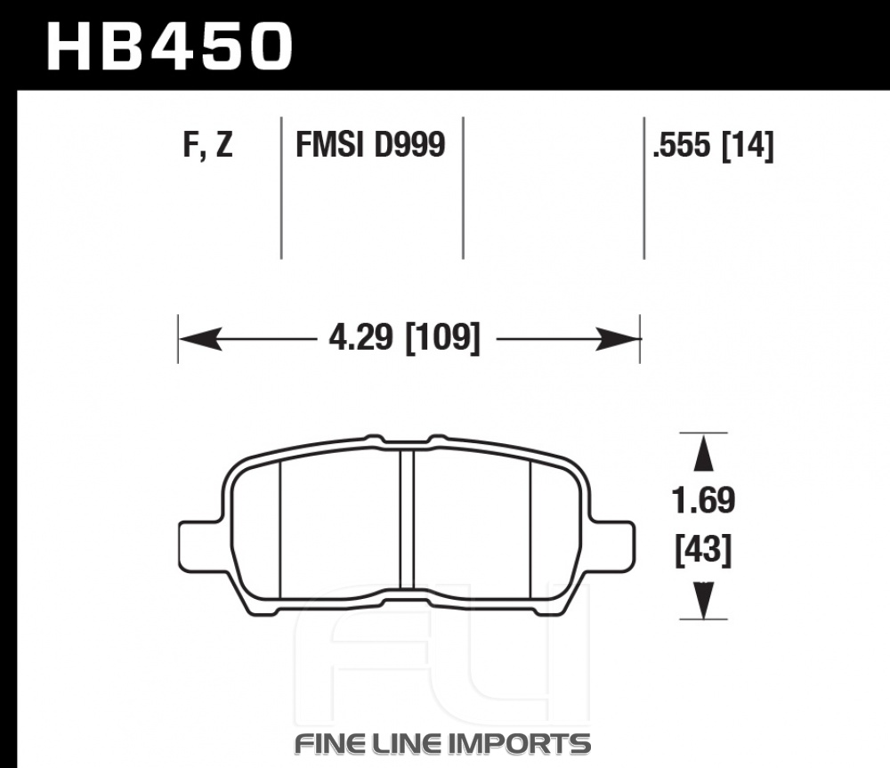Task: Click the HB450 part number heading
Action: click(169, 47)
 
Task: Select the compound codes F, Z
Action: click(207, 145)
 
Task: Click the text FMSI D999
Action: click(370, 144)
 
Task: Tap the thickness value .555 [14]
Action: click(713, 145)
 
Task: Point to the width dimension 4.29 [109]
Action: click(404, 338)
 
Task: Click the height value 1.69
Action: click(703, 501)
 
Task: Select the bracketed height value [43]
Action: click(703, 549)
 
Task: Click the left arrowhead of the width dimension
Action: click(200, 339)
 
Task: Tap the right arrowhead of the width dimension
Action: click(618, 339)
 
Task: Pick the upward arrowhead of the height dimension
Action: click(703, 452)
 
